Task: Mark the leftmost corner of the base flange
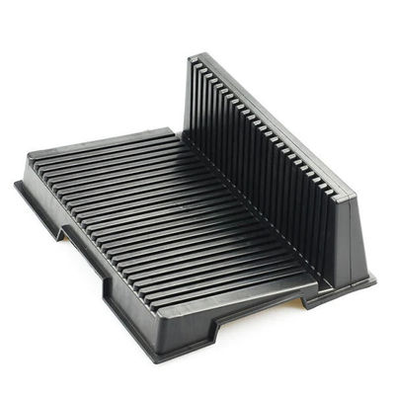pos(16,184)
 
